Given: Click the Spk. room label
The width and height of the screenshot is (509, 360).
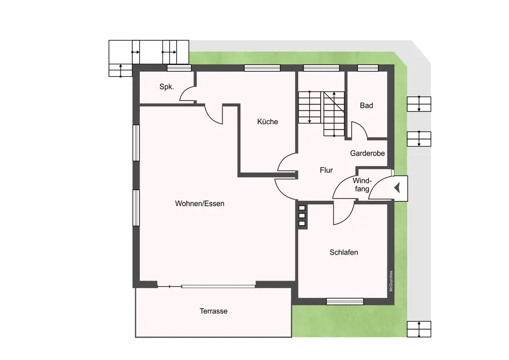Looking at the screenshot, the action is pos(166,87).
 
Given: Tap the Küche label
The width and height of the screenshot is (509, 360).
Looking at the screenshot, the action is pos(268,122).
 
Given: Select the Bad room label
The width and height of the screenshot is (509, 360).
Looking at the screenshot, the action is pos(366,105).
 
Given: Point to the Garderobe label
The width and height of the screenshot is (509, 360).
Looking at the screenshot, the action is pos(367,153).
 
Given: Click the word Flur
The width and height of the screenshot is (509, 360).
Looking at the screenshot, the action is pos(326,170).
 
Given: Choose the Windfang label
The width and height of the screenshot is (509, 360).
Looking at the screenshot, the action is pos(362,185).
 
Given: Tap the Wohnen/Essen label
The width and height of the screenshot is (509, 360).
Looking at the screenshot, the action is pos(200,204).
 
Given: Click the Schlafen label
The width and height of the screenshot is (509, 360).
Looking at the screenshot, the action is pos(344,252).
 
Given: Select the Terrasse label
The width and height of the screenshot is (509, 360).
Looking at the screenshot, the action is pos(214,311).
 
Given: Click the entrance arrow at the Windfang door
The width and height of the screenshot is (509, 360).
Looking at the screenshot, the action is pos(397,187).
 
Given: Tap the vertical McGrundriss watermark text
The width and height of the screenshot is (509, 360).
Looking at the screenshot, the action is pos(391,281).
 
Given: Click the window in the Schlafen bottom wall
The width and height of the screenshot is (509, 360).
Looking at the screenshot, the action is pos(345,301).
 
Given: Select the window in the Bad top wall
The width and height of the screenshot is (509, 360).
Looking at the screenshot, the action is pos(368,68).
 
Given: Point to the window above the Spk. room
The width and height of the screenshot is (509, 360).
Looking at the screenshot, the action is pos(179,68).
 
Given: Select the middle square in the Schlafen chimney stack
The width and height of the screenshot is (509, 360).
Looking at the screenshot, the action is pos(302,215).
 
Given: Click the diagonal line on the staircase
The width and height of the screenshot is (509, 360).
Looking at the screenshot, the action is pos(334,102).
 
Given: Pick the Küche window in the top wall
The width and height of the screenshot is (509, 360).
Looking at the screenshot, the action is pos(262,68).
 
